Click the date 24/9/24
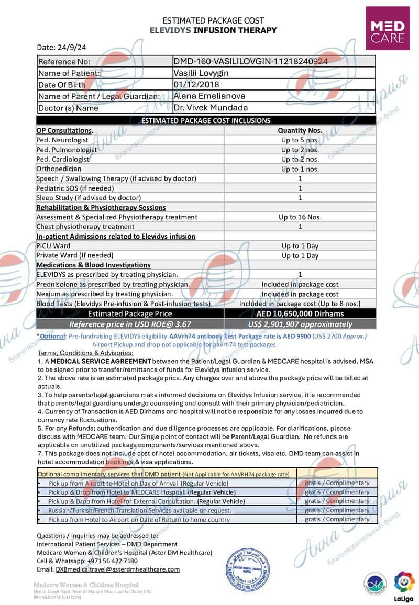click(x=61, y=47)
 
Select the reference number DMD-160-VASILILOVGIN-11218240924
click(x=250, y=61)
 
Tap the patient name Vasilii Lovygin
click(x=200, y=73)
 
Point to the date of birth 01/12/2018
click(x=196, y=84)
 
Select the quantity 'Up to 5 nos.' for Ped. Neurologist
click(x=300, y=140)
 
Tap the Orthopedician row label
click(x=59, y=169)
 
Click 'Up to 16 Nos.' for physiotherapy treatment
click(x=300, y=217)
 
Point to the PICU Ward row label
click(x=53, y=245)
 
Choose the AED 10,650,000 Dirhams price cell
click(x=300, y=313)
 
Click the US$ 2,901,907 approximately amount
click(x=300, y=324)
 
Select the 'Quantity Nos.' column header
click(x=300, y=130)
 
